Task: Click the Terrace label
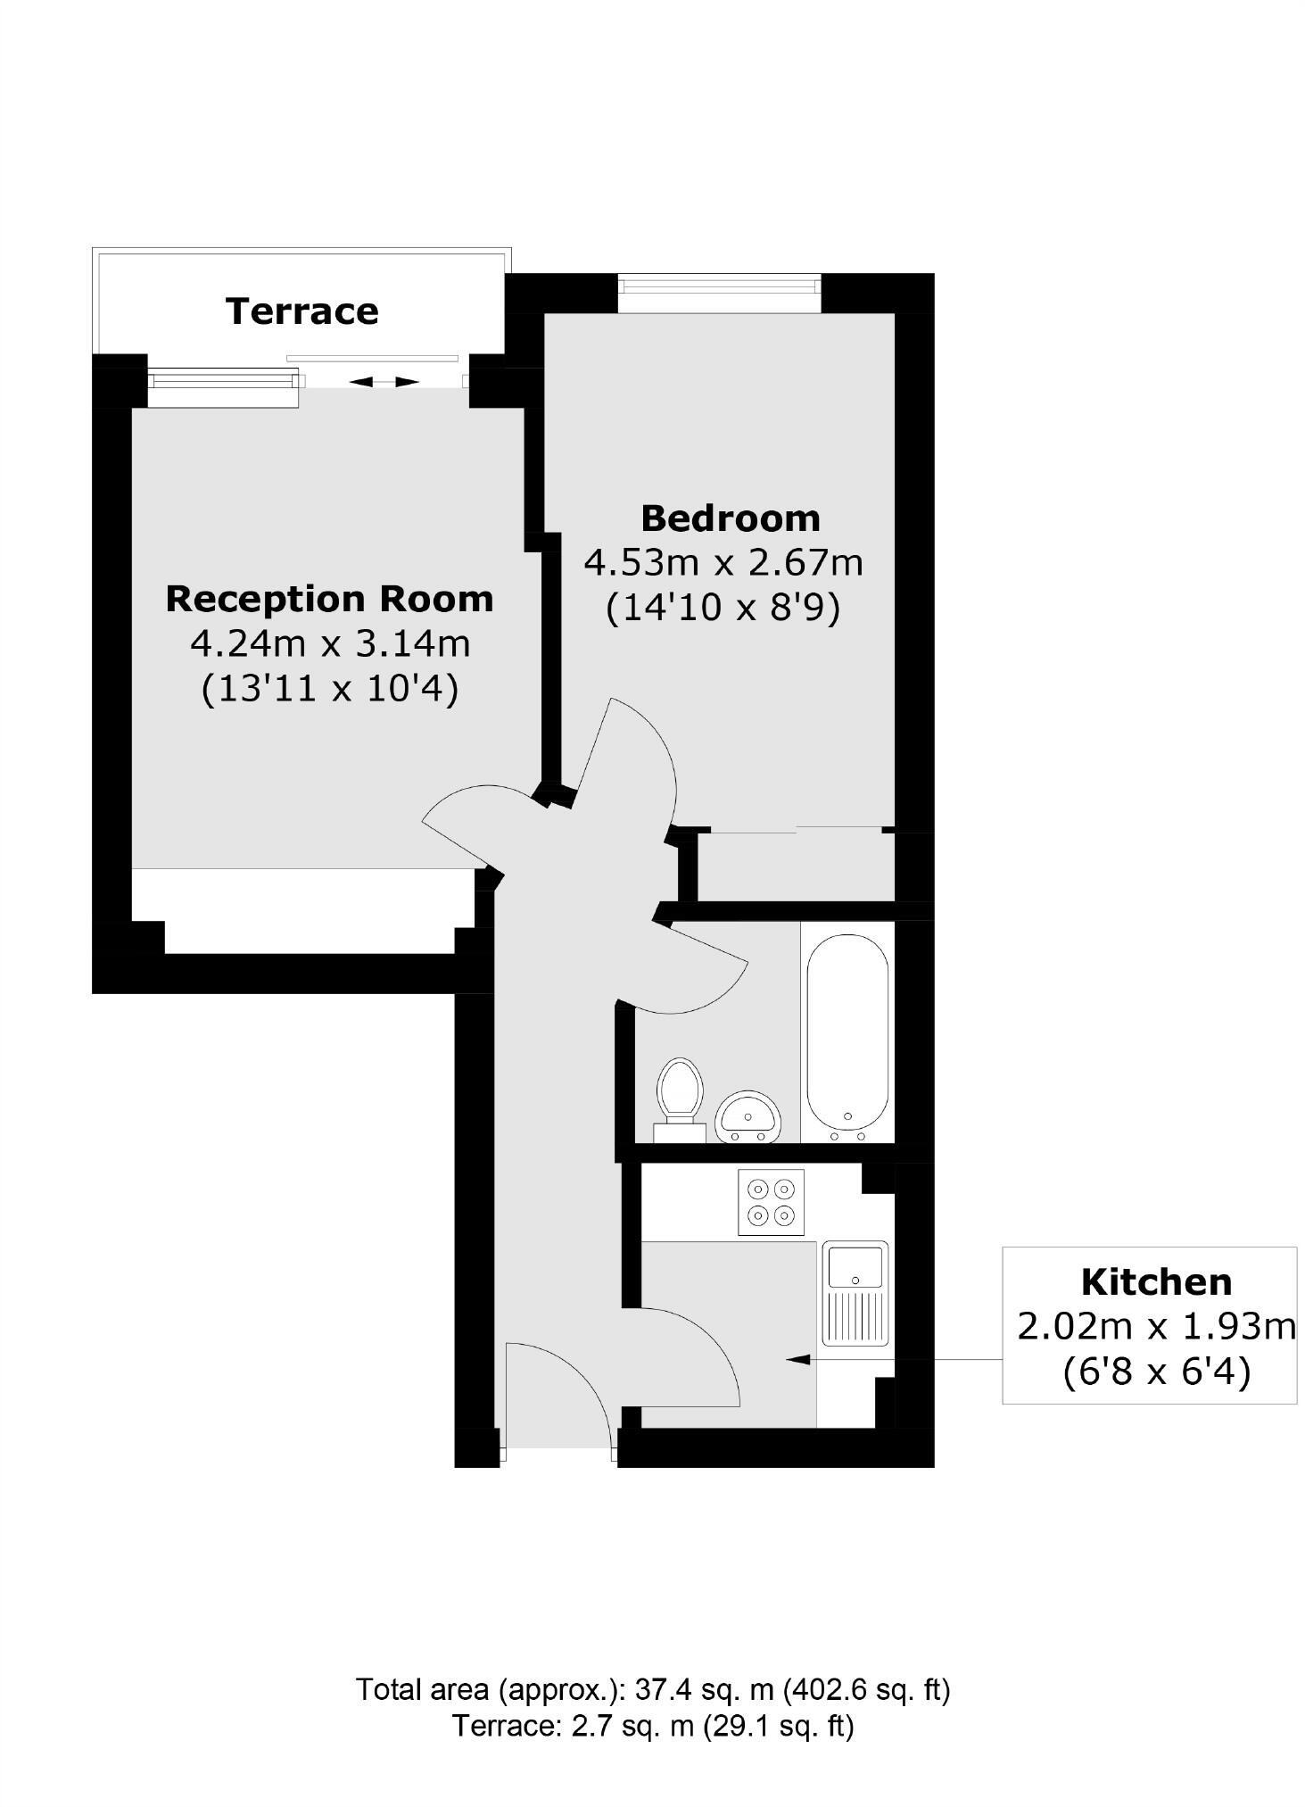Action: (x=301, y=311)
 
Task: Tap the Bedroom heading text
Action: (x=730, y=518)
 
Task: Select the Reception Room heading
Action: (x=329, y=599)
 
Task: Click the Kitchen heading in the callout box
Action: (x=1156, y=1282)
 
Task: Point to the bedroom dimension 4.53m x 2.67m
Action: (x=723, y=563)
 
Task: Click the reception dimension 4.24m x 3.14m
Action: (x=330, y=643)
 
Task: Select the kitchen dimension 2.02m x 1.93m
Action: (x=1156, y=1327)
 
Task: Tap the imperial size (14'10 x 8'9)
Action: (x=723, y=609)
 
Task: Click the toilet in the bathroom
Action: (x=680, y=1097)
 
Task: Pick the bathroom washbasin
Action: (x=748, y=1115)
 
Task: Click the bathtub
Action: (x=847, y=1035)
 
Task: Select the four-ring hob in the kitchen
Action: (x=771, y=1202)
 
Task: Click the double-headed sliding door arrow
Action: (x=384, y=382)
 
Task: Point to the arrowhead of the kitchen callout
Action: (x=796, y=1359)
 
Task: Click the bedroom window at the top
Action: (x=719, y=286)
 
